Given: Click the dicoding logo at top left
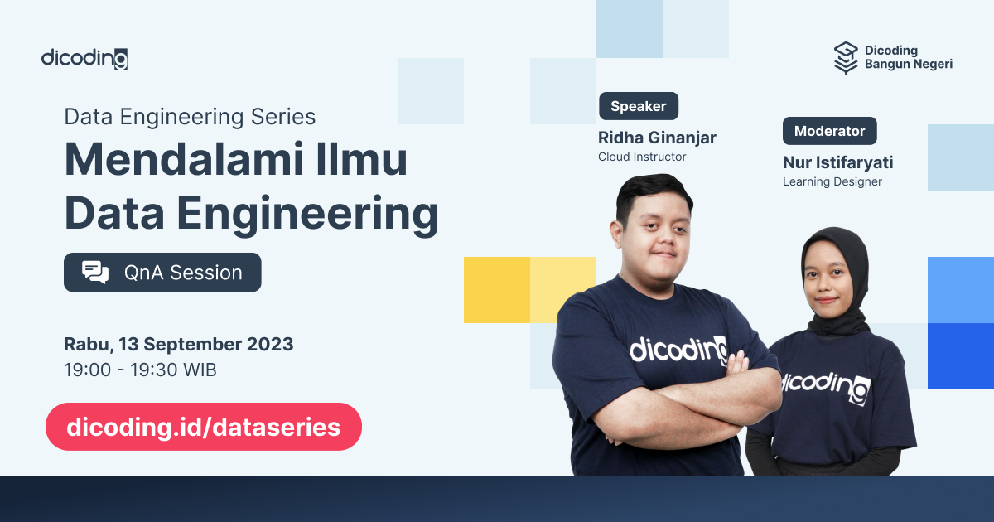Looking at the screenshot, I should (84, 58).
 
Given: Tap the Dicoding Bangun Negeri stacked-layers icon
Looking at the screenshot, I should (846, 57).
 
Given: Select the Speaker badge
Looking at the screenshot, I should (638, 106).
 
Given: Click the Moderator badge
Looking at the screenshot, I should (829, 131).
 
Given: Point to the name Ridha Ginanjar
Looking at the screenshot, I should (657, 137).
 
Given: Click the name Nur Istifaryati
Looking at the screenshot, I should (837, 162).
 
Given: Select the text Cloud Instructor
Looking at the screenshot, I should (642, 157).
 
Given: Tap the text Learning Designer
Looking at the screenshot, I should (832, 181).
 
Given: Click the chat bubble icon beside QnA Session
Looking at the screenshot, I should (95, 273).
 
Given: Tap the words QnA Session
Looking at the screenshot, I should (183, 273).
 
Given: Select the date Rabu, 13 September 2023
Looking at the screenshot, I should (178, 343).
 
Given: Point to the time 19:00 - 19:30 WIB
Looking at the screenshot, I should (140, 370).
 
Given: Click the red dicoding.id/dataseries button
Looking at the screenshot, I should (204, 427).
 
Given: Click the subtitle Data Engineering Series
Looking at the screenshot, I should (190, 117).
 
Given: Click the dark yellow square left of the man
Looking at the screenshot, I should (496, 289).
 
